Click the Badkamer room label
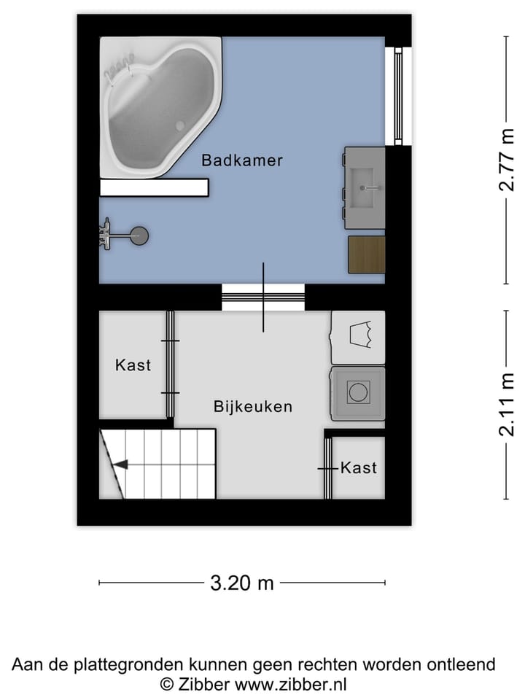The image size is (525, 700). pos(242,160)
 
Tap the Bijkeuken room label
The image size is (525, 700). pos(252,407)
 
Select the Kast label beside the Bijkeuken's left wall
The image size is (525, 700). pos(133,365)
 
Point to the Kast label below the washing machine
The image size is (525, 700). pos(359,467)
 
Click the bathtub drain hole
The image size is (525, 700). pos(180,126)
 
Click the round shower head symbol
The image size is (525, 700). pos(139,235)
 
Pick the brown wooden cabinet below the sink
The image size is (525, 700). pos(366,254)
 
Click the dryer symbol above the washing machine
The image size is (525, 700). pos(359,336)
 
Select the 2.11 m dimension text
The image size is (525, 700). pos(506,405)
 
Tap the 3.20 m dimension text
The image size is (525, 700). pos(241,583)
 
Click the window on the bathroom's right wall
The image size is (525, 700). pos(398,96)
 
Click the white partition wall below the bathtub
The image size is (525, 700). pos(155,188)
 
